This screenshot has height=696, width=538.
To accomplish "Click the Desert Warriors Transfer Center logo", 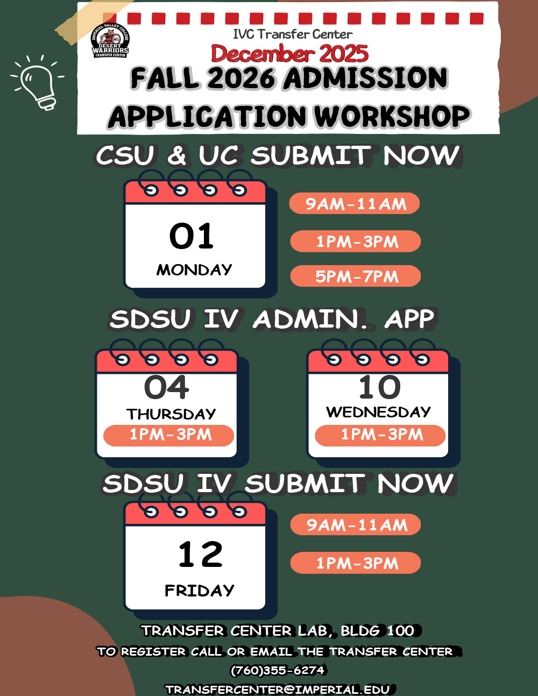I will [110, 41].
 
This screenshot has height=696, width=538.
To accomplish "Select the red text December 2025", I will [289, 54].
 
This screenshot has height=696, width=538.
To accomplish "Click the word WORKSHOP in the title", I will [392, 116].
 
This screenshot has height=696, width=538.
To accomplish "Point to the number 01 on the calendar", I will [192, 236].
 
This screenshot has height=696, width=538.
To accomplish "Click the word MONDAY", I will [194, 269].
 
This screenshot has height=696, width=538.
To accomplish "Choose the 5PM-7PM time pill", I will [356, 276].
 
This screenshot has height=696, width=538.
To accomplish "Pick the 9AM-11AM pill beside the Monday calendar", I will [355, 204].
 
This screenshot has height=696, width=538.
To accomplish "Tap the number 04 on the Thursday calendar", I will [167, 387].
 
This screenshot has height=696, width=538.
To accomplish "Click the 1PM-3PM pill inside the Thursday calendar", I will [169, 435].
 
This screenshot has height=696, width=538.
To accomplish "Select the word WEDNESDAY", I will [378, 412].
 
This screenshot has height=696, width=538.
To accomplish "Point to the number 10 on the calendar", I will [380, 387].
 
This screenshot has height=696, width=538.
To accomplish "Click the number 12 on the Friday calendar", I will [200, 555].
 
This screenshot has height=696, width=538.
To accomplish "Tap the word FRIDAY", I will [199, 591].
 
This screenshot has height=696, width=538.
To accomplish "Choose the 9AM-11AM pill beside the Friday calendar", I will [356, 525].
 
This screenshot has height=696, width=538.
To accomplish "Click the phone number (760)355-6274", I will [278, 671].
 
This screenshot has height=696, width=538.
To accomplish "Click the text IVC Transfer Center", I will [293, 34].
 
